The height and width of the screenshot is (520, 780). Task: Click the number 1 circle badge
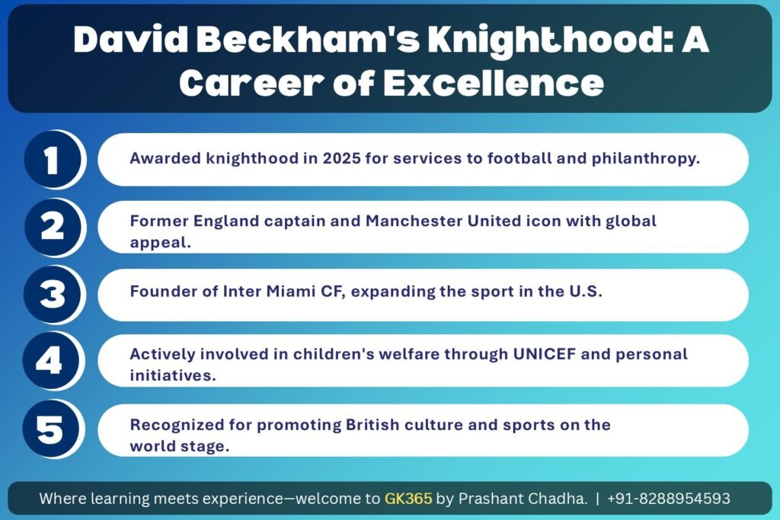pyautogui.click(x=51, y=161)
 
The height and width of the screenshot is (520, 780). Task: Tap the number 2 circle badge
pyautogui.click(x=51, y=228)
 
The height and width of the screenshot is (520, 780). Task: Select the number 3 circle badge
pyautogui.click(x=51, y=295)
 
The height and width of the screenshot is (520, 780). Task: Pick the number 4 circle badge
pyautogui.click(x=51, y=361)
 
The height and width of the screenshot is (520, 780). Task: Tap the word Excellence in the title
pyautogui.click(x=491, y=84)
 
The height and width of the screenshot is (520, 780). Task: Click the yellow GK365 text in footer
pyautogui.click(x=408, y=499)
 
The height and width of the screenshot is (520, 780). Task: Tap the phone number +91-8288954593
pyautogui.click(x=668, y=499)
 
